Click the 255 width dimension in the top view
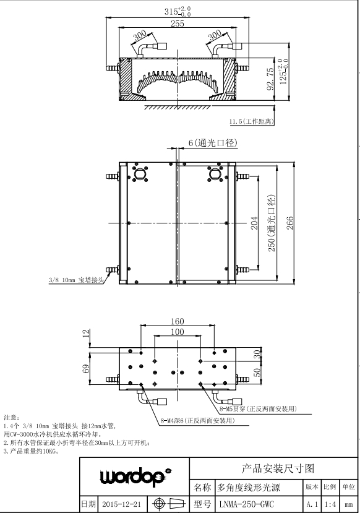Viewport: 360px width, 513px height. tap(178, 24)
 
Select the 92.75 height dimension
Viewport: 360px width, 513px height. tap(270, 79)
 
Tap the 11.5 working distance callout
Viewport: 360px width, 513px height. tap(251, 121)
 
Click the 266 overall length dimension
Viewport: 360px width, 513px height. tap(289, 223)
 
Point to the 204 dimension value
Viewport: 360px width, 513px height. tap(254, 223)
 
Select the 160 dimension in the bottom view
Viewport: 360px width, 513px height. tap(178, 321)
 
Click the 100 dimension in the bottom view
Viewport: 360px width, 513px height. tap(178, 332)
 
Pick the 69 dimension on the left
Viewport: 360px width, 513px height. tap(85, 369)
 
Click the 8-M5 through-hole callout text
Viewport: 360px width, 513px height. tap(258, 409)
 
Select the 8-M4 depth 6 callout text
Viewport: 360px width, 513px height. tap(197, 421)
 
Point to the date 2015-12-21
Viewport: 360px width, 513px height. tap(121, 504)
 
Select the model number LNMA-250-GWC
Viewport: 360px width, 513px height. tap(247, 504)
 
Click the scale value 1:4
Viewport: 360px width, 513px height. tap(330, 504)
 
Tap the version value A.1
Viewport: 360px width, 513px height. tap(312, 504)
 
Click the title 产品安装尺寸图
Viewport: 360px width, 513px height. tap(278, 468)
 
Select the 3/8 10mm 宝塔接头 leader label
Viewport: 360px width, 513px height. tap(76, 280)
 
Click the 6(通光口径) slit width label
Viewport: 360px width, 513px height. tap(213, 143)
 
